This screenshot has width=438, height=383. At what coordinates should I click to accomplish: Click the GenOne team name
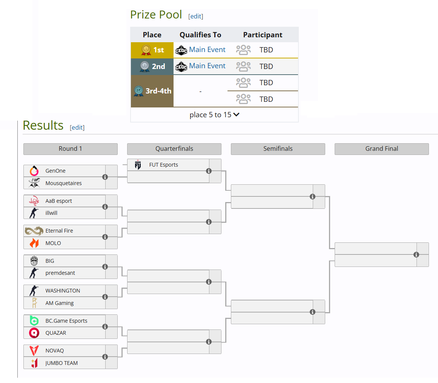point(55,171)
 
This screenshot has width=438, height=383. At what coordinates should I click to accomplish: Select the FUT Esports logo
point(138,165)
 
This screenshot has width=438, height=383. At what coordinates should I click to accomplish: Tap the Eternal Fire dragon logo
point(34,231)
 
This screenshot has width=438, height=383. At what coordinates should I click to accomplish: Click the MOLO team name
point(53,243)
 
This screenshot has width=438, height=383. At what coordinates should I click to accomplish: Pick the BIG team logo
point(34,261)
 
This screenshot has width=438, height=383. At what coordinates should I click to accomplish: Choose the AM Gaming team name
point(60,303)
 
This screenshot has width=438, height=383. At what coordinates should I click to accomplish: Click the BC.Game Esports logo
point(34,321)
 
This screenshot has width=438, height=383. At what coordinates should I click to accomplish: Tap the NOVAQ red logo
point(34,351)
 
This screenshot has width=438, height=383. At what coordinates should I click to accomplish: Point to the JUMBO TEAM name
point(61,363)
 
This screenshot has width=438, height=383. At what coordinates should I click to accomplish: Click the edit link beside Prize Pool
point(196,16)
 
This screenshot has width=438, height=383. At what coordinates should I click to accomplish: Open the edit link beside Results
point(77,127)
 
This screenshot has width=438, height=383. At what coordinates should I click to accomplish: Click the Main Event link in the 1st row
point(207,50)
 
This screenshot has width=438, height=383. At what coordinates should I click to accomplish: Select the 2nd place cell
point(152,66)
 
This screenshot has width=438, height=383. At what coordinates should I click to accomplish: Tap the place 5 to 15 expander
point(214,115)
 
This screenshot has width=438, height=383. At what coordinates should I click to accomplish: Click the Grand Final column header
point(381,149)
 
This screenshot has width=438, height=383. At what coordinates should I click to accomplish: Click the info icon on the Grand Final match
point(416,255)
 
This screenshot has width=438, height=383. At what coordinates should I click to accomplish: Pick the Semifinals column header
point(278,149)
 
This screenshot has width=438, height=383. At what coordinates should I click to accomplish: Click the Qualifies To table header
point(200,35)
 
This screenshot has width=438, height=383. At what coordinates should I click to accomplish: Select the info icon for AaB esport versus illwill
point(105,207)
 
